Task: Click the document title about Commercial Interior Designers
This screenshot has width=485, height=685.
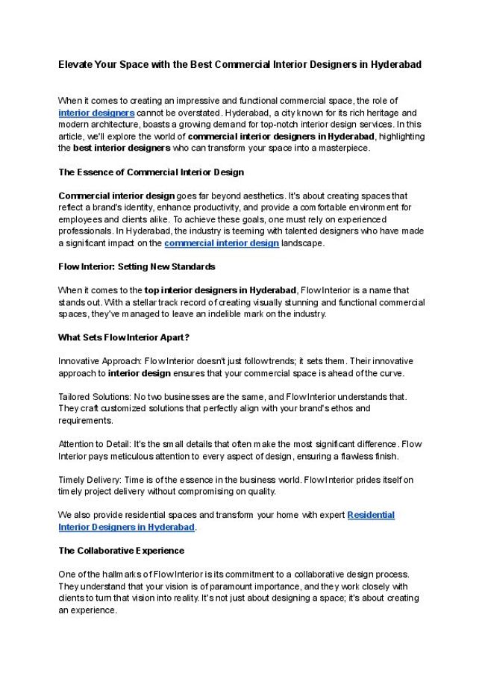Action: pyautogui.click(x=240, y=65)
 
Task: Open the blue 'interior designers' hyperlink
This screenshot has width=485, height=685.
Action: pyautogui.click(x=96, y=112)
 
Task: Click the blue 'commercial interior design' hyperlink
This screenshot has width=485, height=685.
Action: pyautogui.click(x=222, y=243)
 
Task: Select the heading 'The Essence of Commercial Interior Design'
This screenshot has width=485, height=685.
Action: pyautogui.click(x=151, y=172)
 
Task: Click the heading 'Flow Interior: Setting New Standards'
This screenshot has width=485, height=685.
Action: pyautogui.click(x=137, y=266)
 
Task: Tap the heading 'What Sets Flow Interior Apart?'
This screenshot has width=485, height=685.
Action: pyautogui.click(x=124, y=337)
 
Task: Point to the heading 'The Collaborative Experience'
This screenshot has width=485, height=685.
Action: pyautogui.click(x=121, y=551)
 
